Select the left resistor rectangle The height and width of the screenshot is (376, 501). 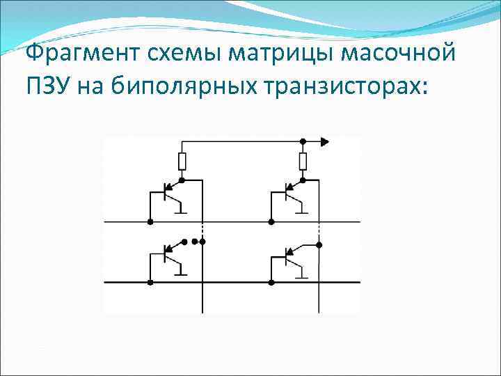pyautogui.click(x=182, y=162)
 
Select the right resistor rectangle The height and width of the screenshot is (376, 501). pyautogui.click(x=302, y=162)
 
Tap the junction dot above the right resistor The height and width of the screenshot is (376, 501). pyautogui.click(x=302, y=141)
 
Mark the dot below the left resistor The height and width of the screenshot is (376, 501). pyautogui.click(x=182, y=180)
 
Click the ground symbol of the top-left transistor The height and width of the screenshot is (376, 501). pyautogui.click(x=182, y=210)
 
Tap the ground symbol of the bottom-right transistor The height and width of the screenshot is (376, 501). pyautogui.click(x=301, y=274)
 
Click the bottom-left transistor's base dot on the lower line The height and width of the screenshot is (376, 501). pyautogui.click(x=150, y=283)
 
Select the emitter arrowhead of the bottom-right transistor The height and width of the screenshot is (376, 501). pyautogui.click(x=287, y=251)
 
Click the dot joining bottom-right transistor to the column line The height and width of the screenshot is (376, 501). pyautogui.click(x=319, y=244)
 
